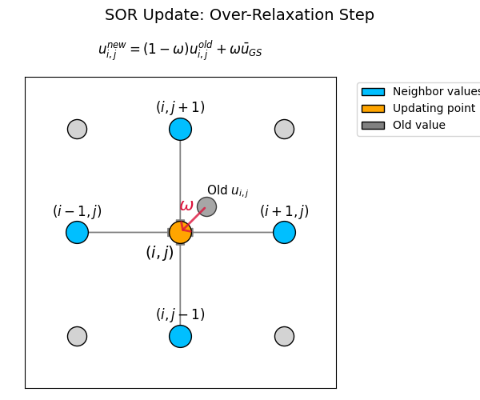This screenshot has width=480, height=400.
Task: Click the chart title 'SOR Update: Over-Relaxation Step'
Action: pos(239,15)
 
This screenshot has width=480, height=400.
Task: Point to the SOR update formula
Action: pos(180,50)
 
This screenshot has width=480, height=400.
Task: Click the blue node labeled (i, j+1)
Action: pos(180,129)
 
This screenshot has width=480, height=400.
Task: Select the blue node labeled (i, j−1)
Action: pos(180,336)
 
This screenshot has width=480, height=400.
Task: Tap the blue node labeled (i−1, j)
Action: pos(77,232)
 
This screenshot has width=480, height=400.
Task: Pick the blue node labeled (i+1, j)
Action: pos(284,232)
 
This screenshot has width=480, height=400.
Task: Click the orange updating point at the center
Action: pos(180,232)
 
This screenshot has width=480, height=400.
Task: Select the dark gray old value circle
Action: pos(206,206)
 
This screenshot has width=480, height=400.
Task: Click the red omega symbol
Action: pos(186,206)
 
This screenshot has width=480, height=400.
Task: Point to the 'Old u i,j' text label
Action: pos(227,191)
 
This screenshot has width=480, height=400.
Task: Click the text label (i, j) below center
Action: pos(159,253)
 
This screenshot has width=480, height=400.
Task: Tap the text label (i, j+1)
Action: pos(180,107)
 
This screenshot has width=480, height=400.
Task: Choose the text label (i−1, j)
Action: pos(77,211)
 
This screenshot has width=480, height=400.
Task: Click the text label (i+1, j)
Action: pos(284,211)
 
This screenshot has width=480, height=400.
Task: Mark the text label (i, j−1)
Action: pos(180,314)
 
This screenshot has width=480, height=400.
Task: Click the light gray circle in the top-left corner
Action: pos(77,129)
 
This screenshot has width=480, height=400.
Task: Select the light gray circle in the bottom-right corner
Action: pos(284,336)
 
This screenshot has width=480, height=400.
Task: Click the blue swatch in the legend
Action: pos(372,92)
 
